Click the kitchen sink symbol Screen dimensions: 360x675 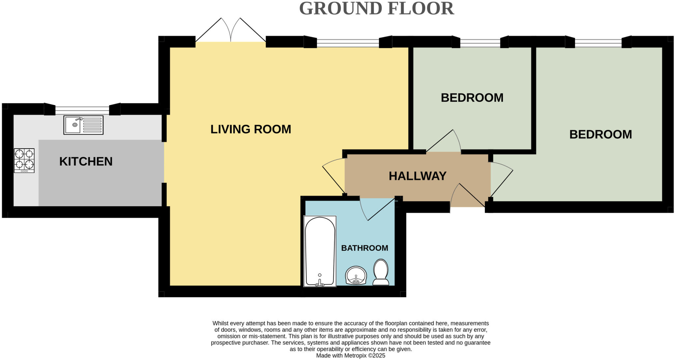83,125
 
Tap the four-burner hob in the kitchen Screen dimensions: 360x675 24,160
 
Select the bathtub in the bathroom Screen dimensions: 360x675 320,251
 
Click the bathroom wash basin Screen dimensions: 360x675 356,275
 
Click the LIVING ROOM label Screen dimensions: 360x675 251,129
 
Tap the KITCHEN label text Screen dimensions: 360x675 86,161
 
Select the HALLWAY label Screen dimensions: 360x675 418,176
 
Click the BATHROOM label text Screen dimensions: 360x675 365,248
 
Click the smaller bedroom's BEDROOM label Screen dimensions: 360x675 472,98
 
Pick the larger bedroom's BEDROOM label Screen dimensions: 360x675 601,134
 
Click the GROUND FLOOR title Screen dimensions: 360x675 376,9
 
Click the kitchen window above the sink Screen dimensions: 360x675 82,109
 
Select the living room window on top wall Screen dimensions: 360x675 348,42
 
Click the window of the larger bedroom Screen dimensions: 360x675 598,42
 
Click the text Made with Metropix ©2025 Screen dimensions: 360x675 350,356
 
